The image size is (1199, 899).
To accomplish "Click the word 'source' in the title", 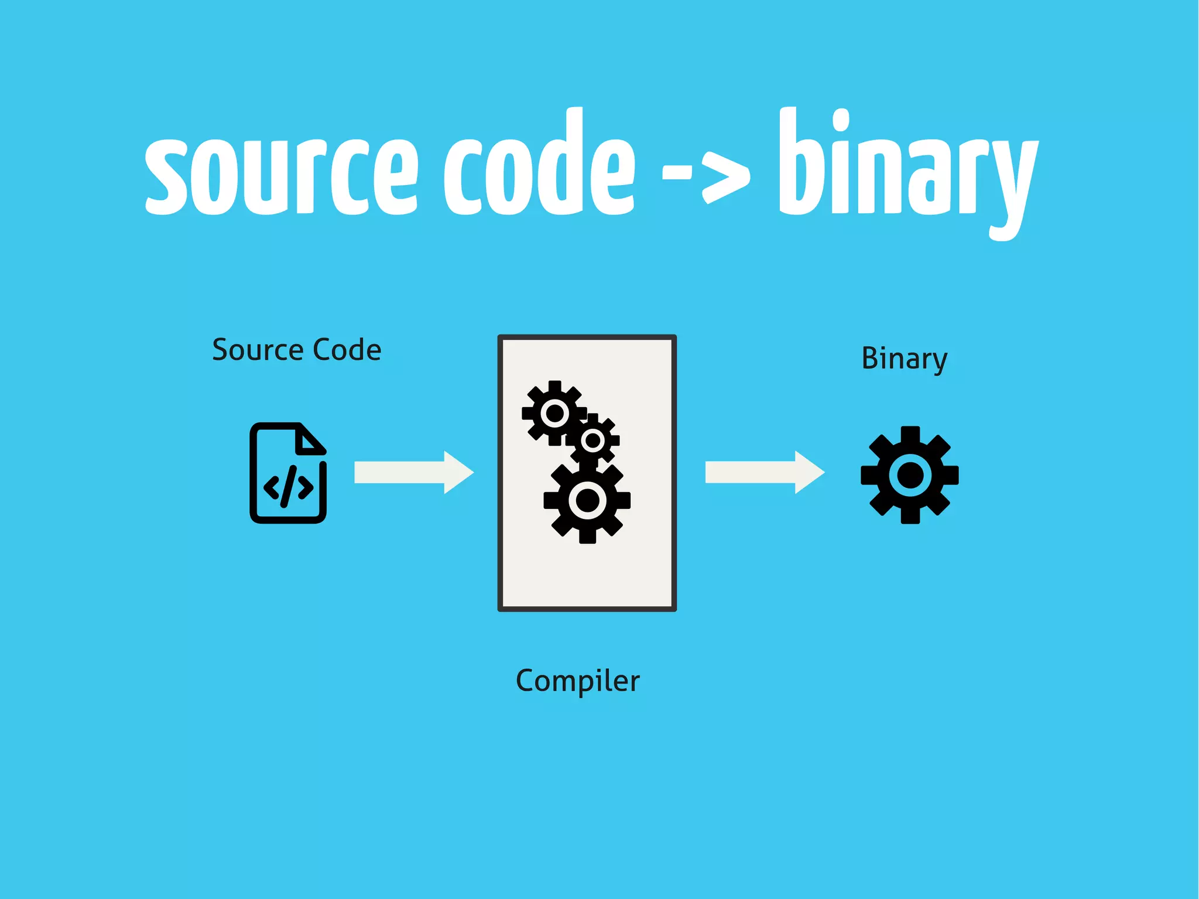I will coord(281,173).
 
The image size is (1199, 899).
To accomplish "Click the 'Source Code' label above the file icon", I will coord(296,350).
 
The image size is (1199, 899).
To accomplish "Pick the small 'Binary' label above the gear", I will coord(904,358).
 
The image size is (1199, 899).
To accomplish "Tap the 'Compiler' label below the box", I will coord(577,681).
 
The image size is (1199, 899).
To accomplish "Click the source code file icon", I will coord(288,473).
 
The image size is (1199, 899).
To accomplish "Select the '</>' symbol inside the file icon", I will coord(288,487).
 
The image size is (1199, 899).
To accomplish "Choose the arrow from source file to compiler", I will coord(413,472).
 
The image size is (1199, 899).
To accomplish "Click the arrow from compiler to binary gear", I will coord(764,472).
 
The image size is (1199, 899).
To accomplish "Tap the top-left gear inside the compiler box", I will coord(554,413).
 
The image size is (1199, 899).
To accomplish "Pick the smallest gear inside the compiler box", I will coord(593,440).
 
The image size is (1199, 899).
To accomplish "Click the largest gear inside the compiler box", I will coord(587,501).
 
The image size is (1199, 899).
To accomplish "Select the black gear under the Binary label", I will coord(909,475).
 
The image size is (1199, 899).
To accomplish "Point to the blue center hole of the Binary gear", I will coord(909,475).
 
